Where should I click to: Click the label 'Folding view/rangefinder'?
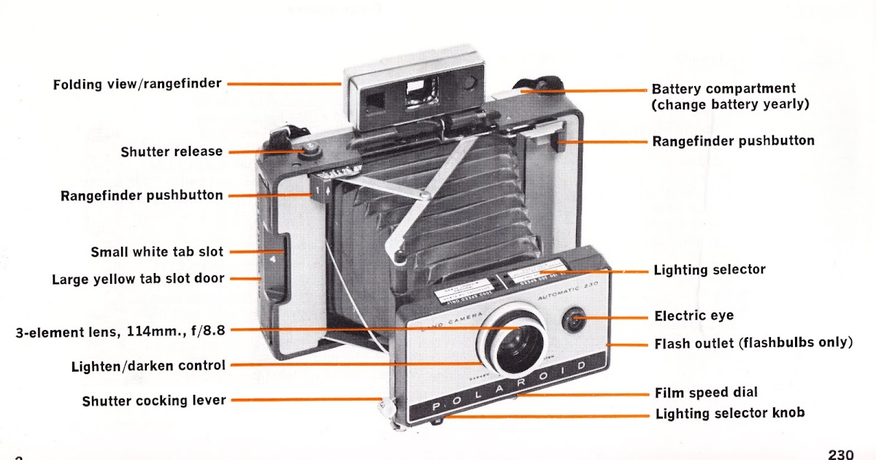point(137,84)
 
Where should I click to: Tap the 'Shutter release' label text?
point(172,152)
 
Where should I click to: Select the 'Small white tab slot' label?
point(157,252)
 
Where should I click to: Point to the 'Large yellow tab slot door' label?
point(138,279)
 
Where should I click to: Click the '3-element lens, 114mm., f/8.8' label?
point(120,331)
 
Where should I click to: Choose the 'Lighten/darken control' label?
point(148,365)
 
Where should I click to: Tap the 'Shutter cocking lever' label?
point(154,401)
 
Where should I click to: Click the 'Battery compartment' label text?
point(723,89)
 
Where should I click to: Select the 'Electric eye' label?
point(693,316)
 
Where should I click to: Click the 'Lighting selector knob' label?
point(730,413)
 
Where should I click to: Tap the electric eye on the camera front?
point(575,320)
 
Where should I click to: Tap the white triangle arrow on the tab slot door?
point(272,258)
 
